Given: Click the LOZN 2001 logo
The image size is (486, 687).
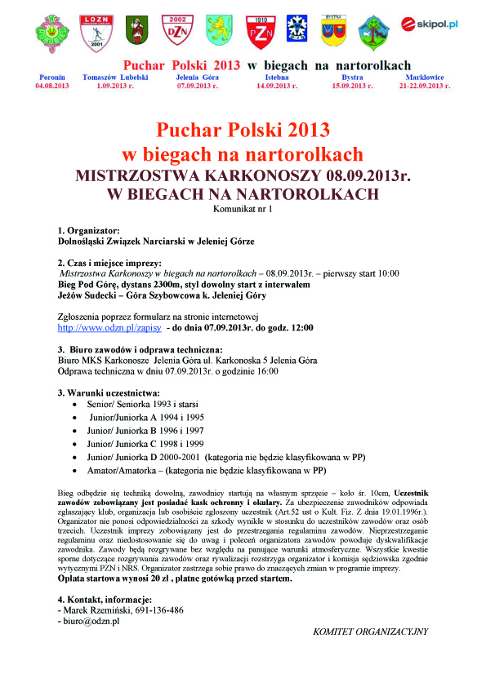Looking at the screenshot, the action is [95, 31].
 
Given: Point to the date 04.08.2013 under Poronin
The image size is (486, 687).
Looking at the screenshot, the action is [52, 85].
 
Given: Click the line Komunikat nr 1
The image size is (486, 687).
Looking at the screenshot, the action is [243, 210].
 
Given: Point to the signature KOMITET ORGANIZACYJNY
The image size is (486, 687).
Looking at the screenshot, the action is [370, 631].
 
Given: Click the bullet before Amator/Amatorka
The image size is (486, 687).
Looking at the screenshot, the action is [76, 471].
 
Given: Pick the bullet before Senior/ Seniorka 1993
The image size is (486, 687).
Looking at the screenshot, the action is [76, 404].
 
